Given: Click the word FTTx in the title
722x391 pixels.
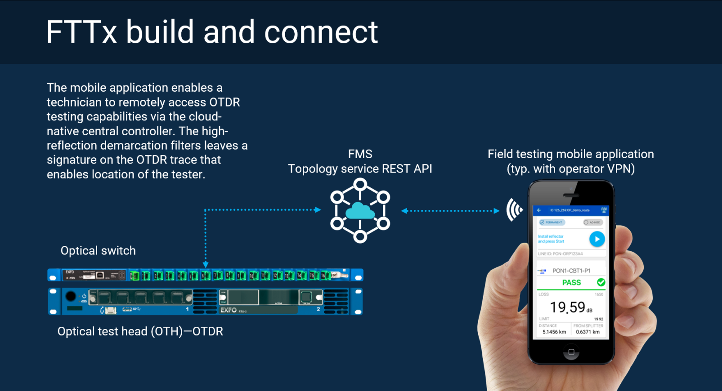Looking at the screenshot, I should [x=81, y=32].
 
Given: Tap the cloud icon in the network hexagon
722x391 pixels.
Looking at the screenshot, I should [x=360, y=210].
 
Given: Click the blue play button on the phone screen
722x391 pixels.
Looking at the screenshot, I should [x=597, y=239].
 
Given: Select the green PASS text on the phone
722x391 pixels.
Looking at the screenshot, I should [x=571, y=283].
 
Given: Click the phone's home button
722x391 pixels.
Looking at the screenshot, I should [x=571, y=352].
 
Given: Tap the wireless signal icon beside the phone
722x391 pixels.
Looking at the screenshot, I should [x=514, y=209].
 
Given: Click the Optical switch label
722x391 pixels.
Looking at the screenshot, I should [x=98, y=251].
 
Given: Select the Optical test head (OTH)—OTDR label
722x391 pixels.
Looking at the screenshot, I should [x=140, y=332].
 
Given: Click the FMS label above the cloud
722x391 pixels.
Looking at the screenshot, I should [x=360, y=154].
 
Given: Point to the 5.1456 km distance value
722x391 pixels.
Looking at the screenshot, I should [x=554, y=332].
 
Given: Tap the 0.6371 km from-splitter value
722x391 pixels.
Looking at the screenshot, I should [x=587, y=332].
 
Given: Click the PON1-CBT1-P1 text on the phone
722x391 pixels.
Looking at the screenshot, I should [x=571, y=271].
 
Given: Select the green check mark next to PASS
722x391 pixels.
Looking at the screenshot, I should [x=601, y=282].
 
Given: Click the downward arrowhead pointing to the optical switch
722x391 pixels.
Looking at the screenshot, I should [x=206, y=265].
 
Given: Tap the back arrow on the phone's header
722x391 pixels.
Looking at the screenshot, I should [x=539, y=210].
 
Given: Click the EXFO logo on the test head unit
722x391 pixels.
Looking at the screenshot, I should [x=229, y=310].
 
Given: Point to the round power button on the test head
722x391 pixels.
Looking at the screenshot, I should [x=71, y=296].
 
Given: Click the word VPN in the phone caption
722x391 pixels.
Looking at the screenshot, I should [x=620, y=169].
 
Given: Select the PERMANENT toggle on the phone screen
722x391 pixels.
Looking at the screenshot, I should [x=552, y=222].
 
